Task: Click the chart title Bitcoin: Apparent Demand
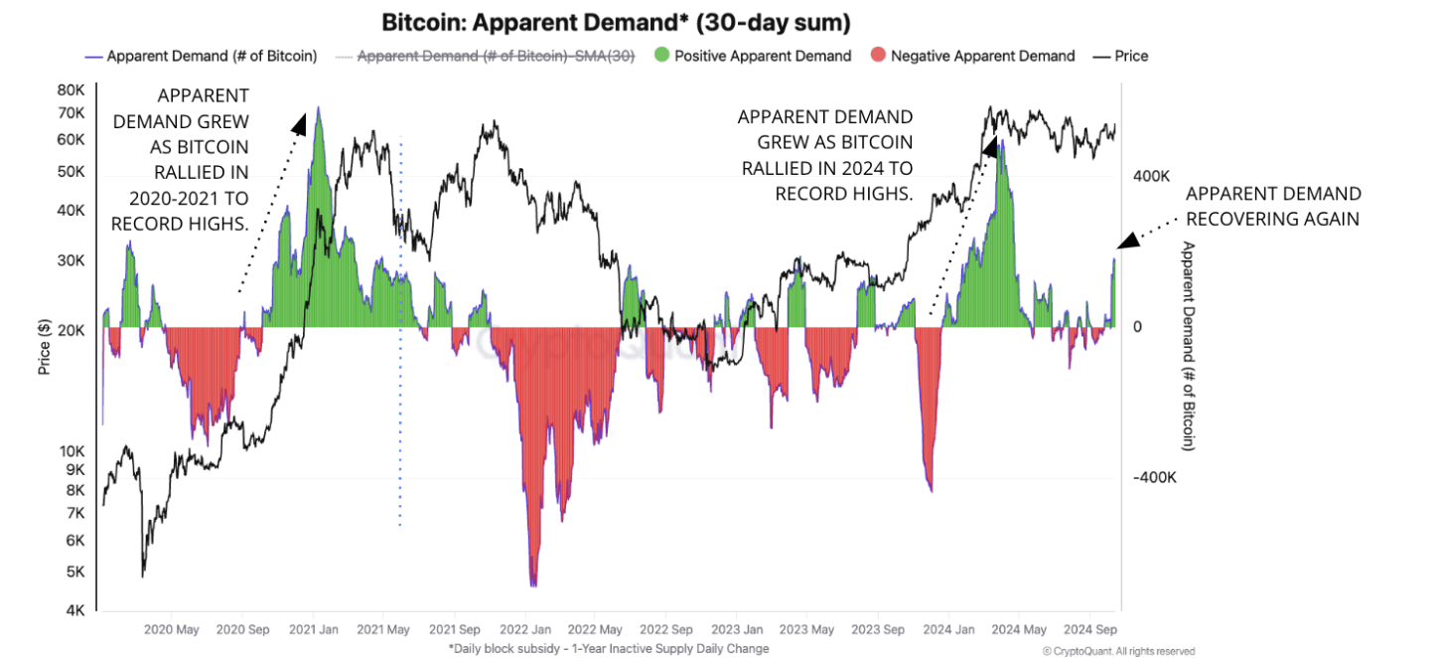click(x=616, y=22)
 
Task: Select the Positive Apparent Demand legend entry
click(x=762, y=56)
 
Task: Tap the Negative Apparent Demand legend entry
click(x=982, y=56)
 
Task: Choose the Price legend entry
click(x=1130, y=56)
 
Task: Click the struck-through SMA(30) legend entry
click(x=495, y=56)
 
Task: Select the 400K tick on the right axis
click(x=1153, y=176)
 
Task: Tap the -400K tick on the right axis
click(x=1155, y=477)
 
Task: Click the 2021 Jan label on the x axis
click(x=315, y=629)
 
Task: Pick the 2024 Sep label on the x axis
click(x=1090, y=629)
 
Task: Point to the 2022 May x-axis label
click(x=596, y=629)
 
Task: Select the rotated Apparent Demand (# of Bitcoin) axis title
click(x=1189, y=346)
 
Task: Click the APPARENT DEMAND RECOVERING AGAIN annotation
click(x=1273, y=206)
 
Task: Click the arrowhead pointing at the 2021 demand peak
click(x=299, y=122)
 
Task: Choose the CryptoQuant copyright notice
click(x=1118, y=651)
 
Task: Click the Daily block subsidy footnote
click(x=609, y=648)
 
